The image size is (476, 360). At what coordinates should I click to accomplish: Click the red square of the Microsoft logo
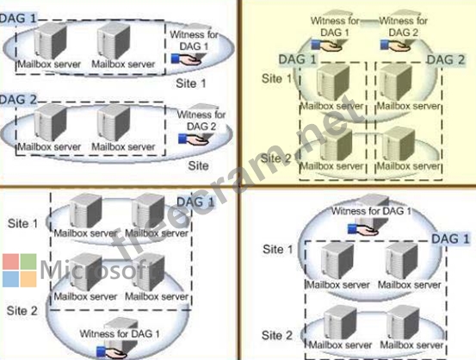pos(11,262)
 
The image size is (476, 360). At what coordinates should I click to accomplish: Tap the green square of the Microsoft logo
pos(28,262)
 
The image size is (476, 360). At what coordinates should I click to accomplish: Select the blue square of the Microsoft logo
pos(11,279)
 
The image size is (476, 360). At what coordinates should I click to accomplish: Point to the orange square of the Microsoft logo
pos(28,279)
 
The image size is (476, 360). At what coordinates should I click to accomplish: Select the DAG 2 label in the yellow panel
pos(446,59)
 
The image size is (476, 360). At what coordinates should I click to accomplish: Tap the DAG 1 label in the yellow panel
pos(298,59)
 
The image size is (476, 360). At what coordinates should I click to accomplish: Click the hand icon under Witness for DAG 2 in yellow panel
pos(395,46)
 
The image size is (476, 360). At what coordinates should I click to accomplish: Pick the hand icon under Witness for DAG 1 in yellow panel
pos(326,46)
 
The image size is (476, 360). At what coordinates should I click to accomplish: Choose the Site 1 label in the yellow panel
pos(276,78)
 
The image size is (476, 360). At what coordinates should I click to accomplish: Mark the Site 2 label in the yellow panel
pos(276,158)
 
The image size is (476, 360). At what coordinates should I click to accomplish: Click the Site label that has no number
pos(198,166)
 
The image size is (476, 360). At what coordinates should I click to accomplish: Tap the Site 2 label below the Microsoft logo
pos(22,311)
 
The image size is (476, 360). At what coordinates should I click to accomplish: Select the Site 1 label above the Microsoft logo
pos(22,224)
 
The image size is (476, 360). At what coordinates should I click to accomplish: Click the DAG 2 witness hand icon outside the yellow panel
pos(194,140)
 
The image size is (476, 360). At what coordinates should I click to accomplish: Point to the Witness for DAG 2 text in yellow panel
pos(404,27)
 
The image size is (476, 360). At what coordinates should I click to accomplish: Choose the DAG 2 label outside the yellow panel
pos(18,100)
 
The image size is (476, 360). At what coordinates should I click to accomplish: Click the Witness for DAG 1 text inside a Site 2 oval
pos(120,333)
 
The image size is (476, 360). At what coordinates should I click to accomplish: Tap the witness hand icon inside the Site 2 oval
pos(111,352)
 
